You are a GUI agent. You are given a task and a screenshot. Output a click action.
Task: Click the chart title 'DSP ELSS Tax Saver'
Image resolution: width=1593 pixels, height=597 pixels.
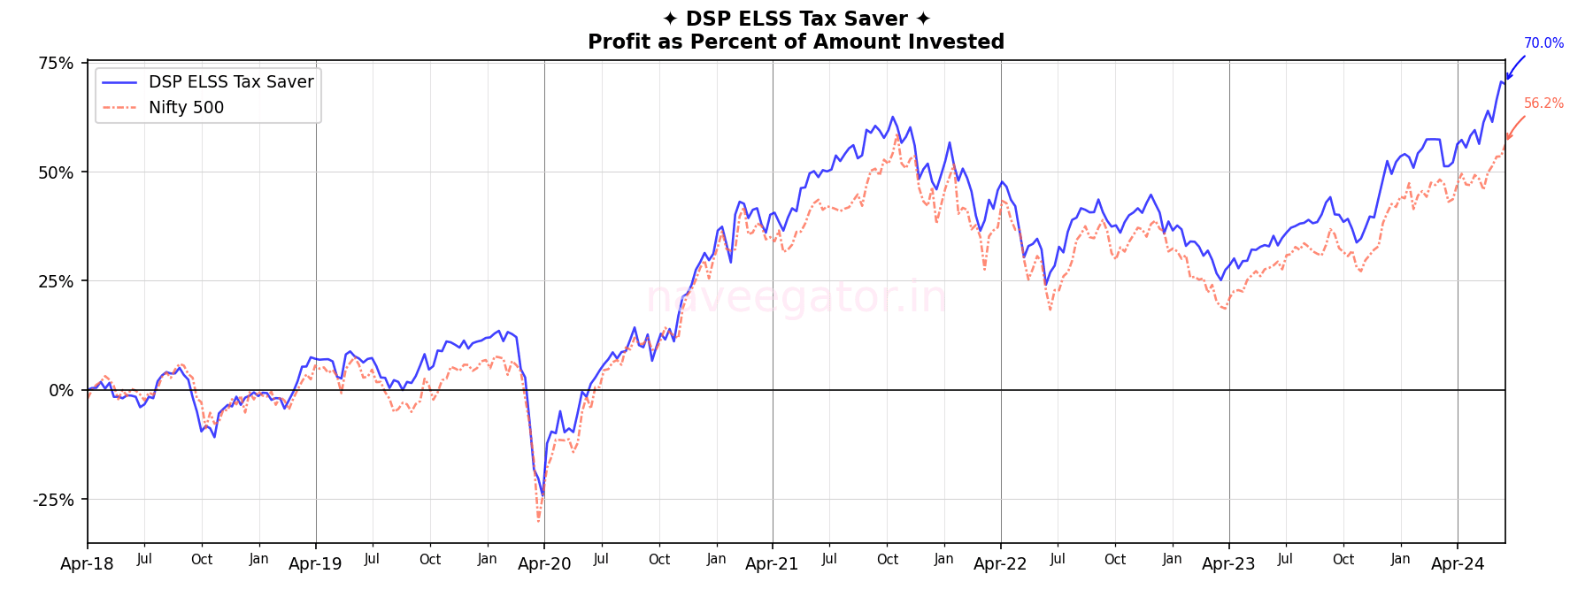click(796, 19)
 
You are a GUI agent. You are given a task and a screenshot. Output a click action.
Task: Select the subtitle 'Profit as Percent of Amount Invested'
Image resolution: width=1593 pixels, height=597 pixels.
click(796, 42)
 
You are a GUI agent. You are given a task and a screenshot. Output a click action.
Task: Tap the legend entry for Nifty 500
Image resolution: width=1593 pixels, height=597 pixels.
click(186, 107)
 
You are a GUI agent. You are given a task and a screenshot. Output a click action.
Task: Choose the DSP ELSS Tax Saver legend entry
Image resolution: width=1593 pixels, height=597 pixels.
click(231, 82)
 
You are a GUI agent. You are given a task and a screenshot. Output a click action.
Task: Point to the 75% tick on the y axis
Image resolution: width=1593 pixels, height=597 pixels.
click(56, 63)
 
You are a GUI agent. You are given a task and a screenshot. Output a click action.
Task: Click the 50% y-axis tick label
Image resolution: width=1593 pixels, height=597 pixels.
click(56, 172)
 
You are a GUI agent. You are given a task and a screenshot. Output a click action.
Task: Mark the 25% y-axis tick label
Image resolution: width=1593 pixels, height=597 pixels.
click(56, 281)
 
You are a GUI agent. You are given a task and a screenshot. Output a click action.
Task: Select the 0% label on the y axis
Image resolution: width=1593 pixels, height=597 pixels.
click(61, 390)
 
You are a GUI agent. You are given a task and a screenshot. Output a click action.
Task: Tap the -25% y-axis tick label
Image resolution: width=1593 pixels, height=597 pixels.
click(53, 500)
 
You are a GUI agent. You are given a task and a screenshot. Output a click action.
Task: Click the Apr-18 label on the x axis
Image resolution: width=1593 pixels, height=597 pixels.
click(87, 564)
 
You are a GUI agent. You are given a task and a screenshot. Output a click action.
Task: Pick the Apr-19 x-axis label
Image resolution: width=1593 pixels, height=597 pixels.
click(315, 564)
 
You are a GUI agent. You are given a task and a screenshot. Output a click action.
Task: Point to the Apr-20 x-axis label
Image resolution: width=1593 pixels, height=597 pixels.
click(543, 564)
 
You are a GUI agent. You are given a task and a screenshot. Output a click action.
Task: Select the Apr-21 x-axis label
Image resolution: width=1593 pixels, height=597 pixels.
click(772, 564)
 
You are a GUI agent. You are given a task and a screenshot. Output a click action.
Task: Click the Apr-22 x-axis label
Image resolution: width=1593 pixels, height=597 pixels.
click(1000, 564)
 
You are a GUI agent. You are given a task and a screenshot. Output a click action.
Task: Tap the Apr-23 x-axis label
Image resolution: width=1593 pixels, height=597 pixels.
click(1228, 564)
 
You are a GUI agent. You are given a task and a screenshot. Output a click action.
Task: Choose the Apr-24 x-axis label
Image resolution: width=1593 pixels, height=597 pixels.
click(1458, 564)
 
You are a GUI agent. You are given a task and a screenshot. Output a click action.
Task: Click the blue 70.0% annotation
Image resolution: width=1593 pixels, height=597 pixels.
click(1543, 43)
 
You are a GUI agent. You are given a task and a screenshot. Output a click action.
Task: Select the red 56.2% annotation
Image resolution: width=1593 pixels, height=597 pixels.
click(1543, 103)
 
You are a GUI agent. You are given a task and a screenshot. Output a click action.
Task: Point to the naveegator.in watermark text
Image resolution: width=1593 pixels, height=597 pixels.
click(796, 297)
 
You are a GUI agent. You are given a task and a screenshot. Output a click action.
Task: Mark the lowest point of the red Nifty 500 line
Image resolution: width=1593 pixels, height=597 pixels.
click(538, 521)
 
